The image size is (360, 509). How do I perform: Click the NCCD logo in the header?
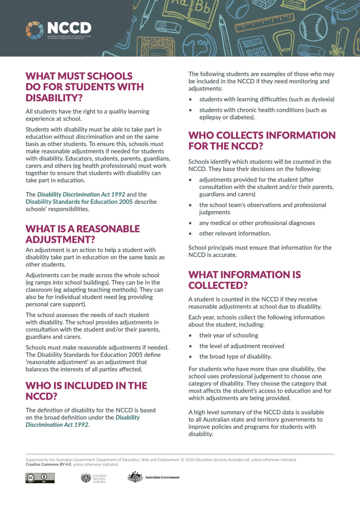click(59, 30)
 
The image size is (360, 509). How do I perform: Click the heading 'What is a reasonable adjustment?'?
click(82, 234)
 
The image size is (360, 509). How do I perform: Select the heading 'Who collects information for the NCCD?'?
click(262, 141)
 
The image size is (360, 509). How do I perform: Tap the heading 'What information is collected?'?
click(244, 280)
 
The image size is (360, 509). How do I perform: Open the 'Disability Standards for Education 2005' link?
click(79, 201)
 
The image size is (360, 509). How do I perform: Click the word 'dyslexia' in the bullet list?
click(322, 99)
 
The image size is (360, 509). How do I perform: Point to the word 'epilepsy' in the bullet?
click(210, 117)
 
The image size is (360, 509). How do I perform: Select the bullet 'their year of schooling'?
click(229, 335)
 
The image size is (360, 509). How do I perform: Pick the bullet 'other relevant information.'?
click(234, 233)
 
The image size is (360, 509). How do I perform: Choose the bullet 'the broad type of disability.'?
click(235, 356)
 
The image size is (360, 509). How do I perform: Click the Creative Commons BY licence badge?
click(40, 478)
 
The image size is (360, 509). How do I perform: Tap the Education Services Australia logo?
click(94, 478)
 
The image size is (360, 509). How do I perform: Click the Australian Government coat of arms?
click(135, 477)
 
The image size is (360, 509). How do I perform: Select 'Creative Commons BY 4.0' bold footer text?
click(48, 464)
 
